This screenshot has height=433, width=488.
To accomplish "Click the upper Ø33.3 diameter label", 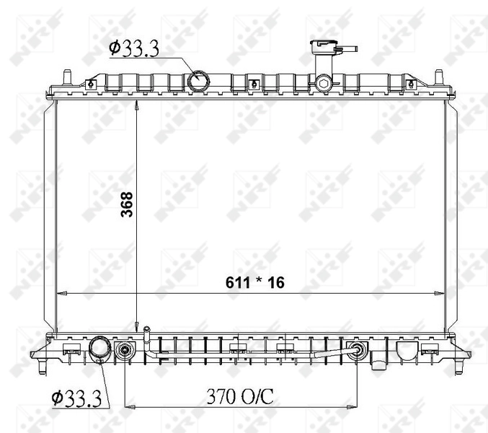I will pyautogui.click(x=133, y=48).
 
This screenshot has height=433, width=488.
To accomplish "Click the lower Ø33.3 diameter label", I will pyautogui.click(x=79, y=396).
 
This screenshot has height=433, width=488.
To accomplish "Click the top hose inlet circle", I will pyautogui.click(x=198, y=81).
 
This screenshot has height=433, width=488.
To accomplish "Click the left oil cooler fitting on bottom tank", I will pyautogui.click(x=125, y=351).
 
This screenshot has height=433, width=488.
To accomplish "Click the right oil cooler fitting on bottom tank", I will pyautogui.click(x=356, y=351).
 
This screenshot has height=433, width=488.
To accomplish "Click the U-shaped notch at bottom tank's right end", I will pyautogui.click(x=407, y=349).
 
